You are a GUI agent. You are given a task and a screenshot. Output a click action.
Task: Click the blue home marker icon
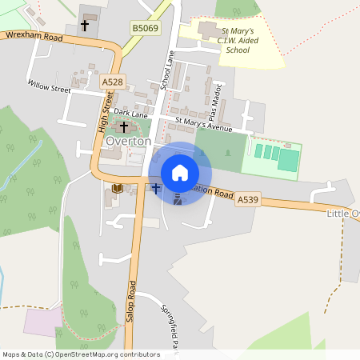(180, 172)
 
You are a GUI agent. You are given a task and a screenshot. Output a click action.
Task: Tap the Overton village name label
(128, 141)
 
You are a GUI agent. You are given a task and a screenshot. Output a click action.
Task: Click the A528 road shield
(111, 82)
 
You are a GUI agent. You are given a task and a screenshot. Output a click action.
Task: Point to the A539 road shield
(247, 205)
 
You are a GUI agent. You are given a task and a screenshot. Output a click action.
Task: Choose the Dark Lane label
(130, 114)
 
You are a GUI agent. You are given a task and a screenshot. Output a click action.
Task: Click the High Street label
(102, 111)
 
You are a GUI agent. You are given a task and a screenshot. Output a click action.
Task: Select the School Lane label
(167, 70)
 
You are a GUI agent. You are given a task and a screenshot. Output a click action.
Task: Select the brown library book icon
(116, 188)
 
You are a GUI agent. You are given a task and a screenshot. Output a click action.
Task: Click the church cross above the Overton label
(124, 127)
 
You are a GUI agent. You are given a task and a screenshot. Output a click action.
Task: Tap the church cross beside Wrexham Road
(84, 26)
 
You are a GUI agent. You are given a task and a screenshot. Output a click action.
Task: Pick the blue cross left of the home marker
(156, 189)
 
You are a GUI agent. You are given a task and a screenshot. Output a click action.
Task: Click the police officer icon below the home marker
(178, 200)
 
